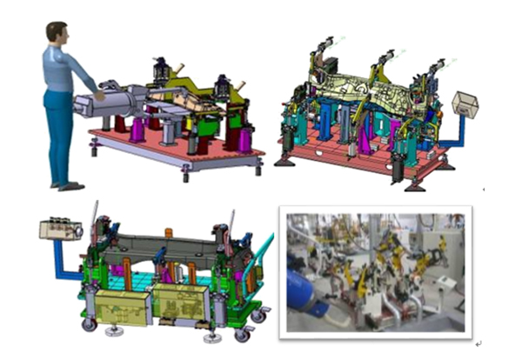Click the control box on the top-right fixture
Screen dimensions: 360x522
(465, 105)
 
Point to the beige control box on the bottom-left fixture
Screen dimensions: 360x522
(59, 230)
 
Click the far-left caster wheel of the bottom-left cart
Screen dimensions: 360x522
(90, 324)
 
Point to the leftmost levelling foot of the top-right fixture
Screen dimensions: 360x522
(283, 161)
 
